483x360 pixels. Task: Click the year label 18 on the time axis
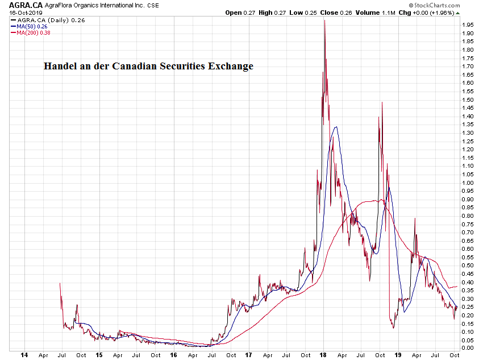[323, 355]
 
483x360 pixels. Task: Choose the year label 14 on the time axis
[23, 355]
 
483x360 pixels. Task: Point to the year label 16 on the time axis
[173, 355]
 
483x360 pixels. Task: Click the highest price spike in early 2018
[324, 21]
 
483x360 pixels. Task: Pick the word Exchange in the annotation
[232, 66]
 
